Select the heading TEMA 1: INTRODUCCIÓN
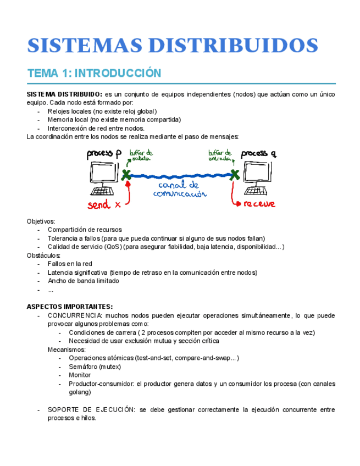click(94, 73)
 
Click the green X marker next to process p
click(126, 175)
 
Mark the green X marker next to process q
click(235, 175)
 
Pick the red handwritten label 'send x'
click(106, 205)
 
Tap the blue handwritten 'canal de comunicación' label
click(180, 189)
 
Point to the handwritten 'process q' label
click(258, 154)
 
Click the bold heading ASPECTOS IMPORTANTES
click(70, 307)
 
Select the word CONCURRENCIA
click(72, 315)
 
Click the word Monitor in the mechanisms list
click(80, 375)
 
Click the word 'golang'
click(80, 392)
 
